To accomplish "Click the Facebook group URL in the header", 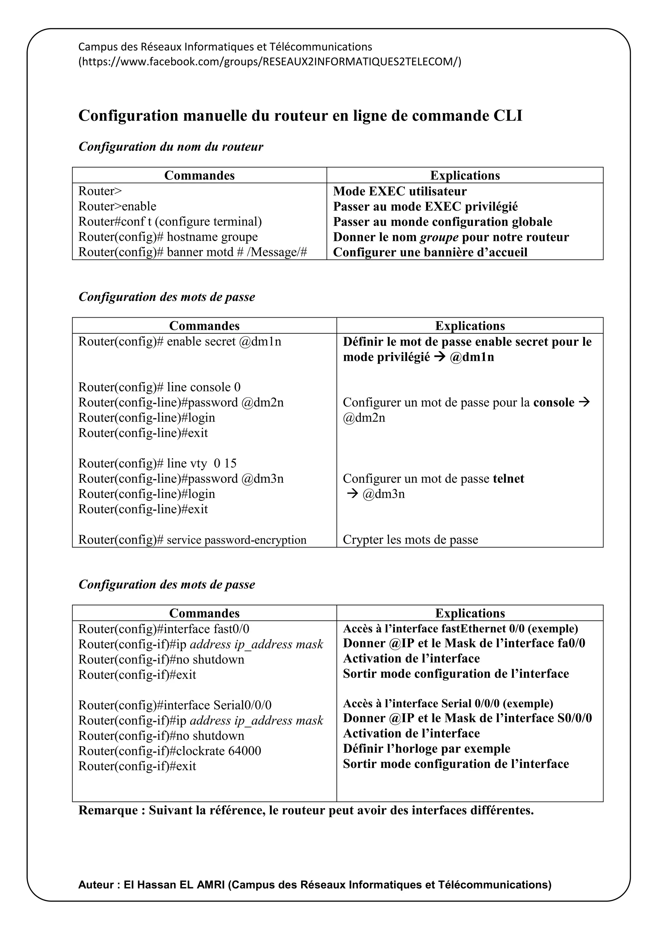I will point(270,62).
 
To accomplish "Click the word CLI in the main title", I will point(507,116).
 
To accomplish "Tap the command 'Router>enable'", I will point(117,206).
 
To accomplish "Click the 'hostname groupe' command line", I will point(168,237).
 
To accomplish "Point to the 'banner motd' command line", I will point(192,252).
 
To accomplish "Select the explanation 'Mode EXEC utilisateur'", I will point(399,191).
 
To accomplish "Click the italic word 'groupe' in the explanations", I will point(439,237).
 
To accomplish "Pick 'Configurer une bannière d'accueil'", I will point(430,252).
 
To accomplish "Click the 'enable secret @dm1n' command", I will point(180,341).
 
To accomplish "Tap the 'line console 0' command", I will point(159,387).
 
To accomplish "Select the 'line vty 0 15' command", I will point(157,463).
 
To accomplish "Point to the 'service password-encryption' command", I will point(192,540).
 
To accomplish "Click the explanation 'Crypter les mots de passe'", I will point(410,540).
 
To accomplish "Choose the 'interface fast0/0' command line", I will point(164,629).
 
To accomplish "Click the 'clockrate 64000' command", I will point(169,750).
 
